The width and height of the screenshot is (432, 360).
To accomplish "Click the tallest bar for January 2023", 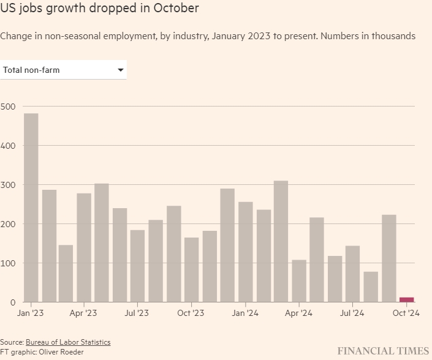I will point(31,208).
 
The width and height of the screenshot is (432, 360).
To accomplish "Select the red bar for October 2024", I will point(407,299).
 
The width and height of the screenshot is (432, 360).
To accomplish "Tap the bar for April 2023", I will point(84,247).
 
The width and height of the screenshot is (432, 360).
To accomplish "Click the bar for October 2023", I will point(191,269).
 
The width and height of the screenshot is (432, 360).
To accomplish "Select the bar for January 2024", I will point(245,252).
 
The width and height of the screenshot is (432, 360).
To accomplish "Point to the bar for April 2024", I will point(299,281).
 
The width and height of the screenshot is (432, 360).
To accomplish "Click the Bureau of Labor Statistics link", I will point(68,342).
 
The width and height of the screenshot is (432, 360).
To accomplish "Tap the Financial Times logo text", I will point(383,350).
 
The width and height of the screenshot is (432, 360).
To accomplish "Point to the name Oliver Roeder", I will point(61,352).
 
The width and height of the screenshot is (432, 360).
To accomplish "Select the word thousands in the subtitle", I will point(394,36).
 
